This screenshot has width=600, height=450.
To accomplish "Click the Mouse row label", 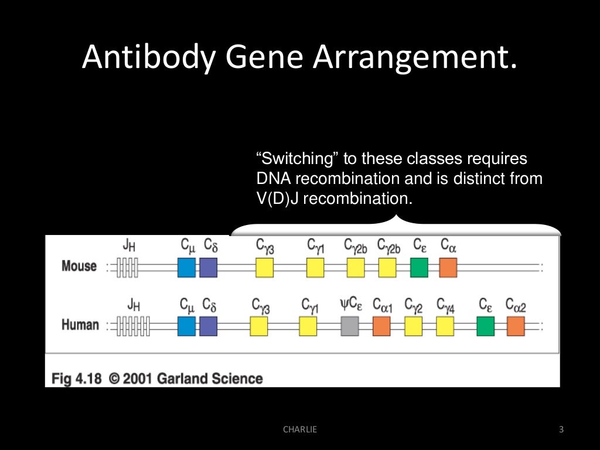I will coord(79,266).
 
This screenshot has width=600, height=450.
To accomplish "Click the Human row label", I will coord(80,325).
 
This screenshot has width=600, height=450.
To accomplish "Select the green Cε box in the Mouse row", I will coord(419,268).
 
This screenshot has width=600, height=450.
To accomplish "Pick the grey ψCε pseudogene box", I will coord(349,326).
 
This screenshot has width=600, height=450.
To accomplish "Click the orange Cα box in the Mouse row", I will coord(448,268).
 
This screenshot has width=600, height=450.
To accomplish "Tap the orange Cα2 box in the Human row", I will coord(516,326).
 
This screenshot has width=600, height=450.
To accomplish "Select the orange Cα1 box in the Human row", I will coord(381,326).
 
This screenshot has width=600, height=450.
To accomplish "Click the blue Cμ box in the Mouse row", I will coord(186,268).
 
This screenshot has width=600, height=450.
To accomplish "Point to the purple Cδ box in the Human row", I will coord(208,326).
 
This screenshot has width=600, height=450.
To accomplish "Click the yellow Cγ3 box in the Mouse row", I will coord(264,268).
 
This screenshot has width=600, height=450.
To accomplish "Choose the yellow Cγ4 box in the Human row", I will coord(445,326).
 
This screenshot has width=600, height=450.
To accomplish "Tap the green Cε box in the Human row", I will coord(485,326).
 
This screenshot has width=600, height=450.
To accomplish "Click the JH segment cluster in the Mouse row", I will coord(127,268).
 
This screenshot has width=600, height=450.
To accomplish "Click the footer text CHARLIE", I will coord(299,429).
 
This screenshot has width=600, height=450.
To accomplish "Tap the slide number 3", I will coord(561,429).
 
